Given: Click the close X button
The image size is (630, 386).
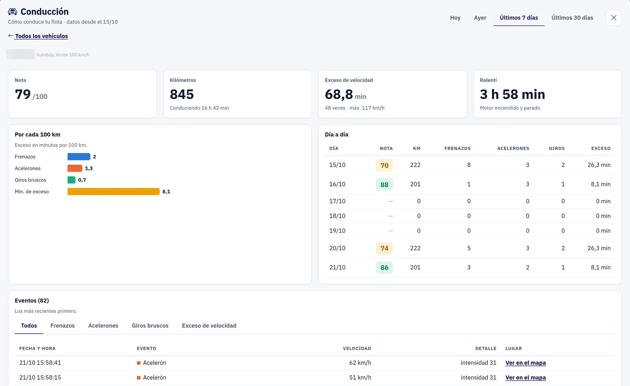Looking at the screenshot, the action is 614,18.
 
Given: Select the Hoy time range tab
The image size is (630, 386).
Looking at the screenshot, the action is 455,18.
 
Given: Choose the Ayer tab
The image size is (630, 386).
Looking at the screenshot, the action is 480,18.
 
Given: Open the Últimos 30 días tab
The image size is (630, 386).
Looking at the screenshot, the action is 572,18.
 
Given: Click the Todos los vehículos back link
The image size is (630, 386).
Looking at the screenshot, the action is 41,36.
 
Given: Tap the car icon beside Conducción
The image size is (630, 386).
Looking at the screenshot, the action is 12,11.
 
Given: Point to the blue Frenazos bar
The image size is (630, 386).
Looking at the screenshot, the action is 79,157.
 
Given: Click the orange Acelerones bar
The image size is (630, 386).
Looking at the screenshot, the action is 75,168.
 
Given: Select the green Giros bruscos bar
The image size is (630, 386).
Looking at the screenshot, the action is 71,180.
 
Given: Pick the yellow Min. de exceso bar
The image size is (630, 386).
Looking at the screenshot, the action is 113,191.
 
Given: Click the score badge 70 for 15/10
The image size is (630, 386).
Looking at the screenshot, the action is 384,165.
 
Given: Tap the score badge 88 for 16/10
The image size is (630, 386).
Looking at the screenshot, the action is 384,185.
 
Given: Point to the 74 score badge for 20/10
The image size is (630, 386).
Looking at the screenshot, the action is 384,248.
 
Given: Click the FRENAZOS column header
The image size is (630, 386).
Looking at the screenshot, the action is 457,148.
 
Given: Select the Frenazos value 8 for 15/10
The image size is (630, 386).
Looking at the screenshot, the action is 469,165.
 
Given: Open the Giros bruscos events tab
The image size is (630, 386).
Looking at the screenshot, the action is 150,325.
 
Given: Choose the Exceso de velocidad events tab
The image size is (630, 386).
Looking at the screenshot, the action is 209,325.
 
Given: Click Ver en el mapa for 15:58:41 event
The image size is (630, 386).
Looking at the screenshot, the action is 525,363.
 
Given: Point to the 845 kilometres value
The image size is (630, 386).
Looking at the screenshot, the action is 182,94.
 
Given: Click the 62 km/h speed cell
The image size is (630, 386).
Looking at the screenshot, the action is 360,363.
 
